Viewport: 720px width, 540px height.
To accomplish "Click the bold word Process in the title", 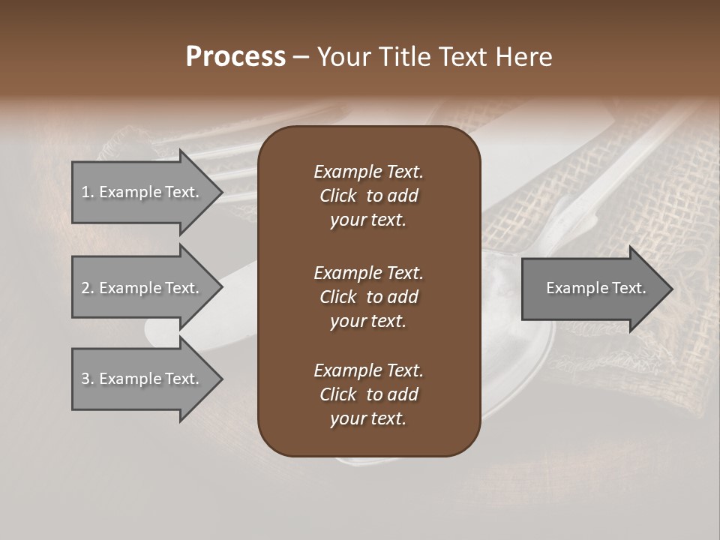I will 235,57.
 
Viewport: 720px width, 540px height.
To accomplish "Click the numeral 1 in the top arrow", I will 85,192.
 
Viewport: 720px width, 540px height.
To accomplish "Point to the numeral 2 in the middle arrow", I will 86,288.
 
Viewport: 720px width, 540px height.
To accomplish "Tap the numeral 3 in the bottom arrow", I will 86,379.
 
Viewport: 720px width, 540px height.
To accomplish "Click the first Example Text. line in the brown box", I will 368,172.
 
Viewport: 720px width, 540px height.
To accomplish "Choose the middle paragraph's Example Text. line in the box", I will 368,273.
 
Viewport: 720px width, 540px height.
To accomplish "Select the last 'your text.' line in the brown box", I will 368,419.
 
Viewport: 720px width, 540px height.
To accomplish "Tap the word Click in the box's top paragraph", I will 338,196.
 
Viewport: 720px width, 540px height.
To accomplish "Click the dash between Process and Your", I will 301,58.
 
